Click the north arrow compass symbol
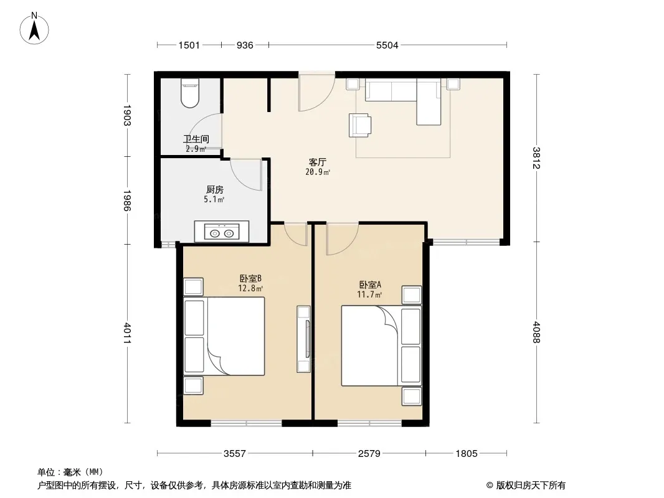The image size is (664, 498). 34,28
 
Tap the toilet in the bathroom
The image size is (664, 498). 189,93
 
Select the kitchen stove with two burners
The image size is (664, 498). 222,232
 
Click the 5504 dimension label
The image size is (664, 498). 387,45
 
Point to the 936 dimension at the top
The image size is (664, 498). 245,45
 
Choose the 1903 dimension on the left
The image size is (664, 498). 127,115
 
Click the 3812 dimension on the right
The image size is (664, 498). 536,158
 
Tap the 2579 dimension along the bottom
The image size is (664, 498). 369,454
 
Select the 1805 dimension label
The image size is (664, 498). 467,454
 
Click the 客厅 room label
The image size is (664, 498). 317,162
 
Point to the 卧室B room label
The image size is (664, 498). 250,278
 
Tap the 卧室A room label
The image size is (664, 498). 370,284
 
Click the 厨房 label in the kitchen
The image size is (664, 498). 215,190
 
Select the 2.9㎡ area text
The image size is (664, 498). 196,149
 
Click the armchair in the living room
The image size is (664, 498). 360,125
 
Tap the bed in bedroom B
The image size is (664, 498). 224,336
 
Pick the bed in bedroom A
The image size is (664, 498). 381,345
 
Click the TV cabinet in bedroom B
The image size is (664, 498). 303,339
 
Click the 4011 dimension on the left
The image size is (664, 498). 127,334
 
